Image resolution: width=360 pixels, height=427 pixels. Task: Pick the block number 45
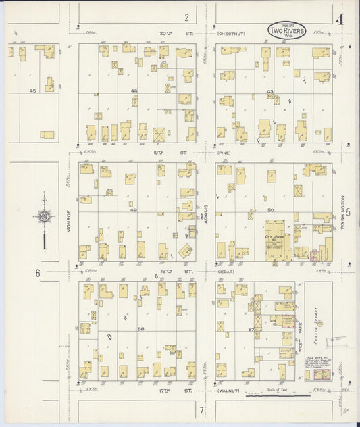(x=32, y=90)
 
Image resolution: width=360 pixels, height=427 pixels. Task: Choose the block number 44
(x=134, y=90)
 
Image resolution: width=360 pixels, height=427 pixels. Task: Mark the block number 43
(x=270, y=90)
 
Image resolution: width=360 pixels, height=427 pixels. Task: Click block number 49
(x=134, y=210)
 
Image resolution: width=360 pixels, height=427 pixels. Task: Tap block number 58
(x=140, y=329)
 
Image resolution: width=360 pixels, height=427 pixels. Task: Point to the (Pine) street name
(x=224, y=153)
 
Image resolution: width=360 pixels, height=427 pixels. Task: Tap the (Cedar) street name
(x=225, y=272)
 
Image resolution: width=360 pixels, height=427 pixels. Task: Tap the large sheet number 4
(x=342, y=19)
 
